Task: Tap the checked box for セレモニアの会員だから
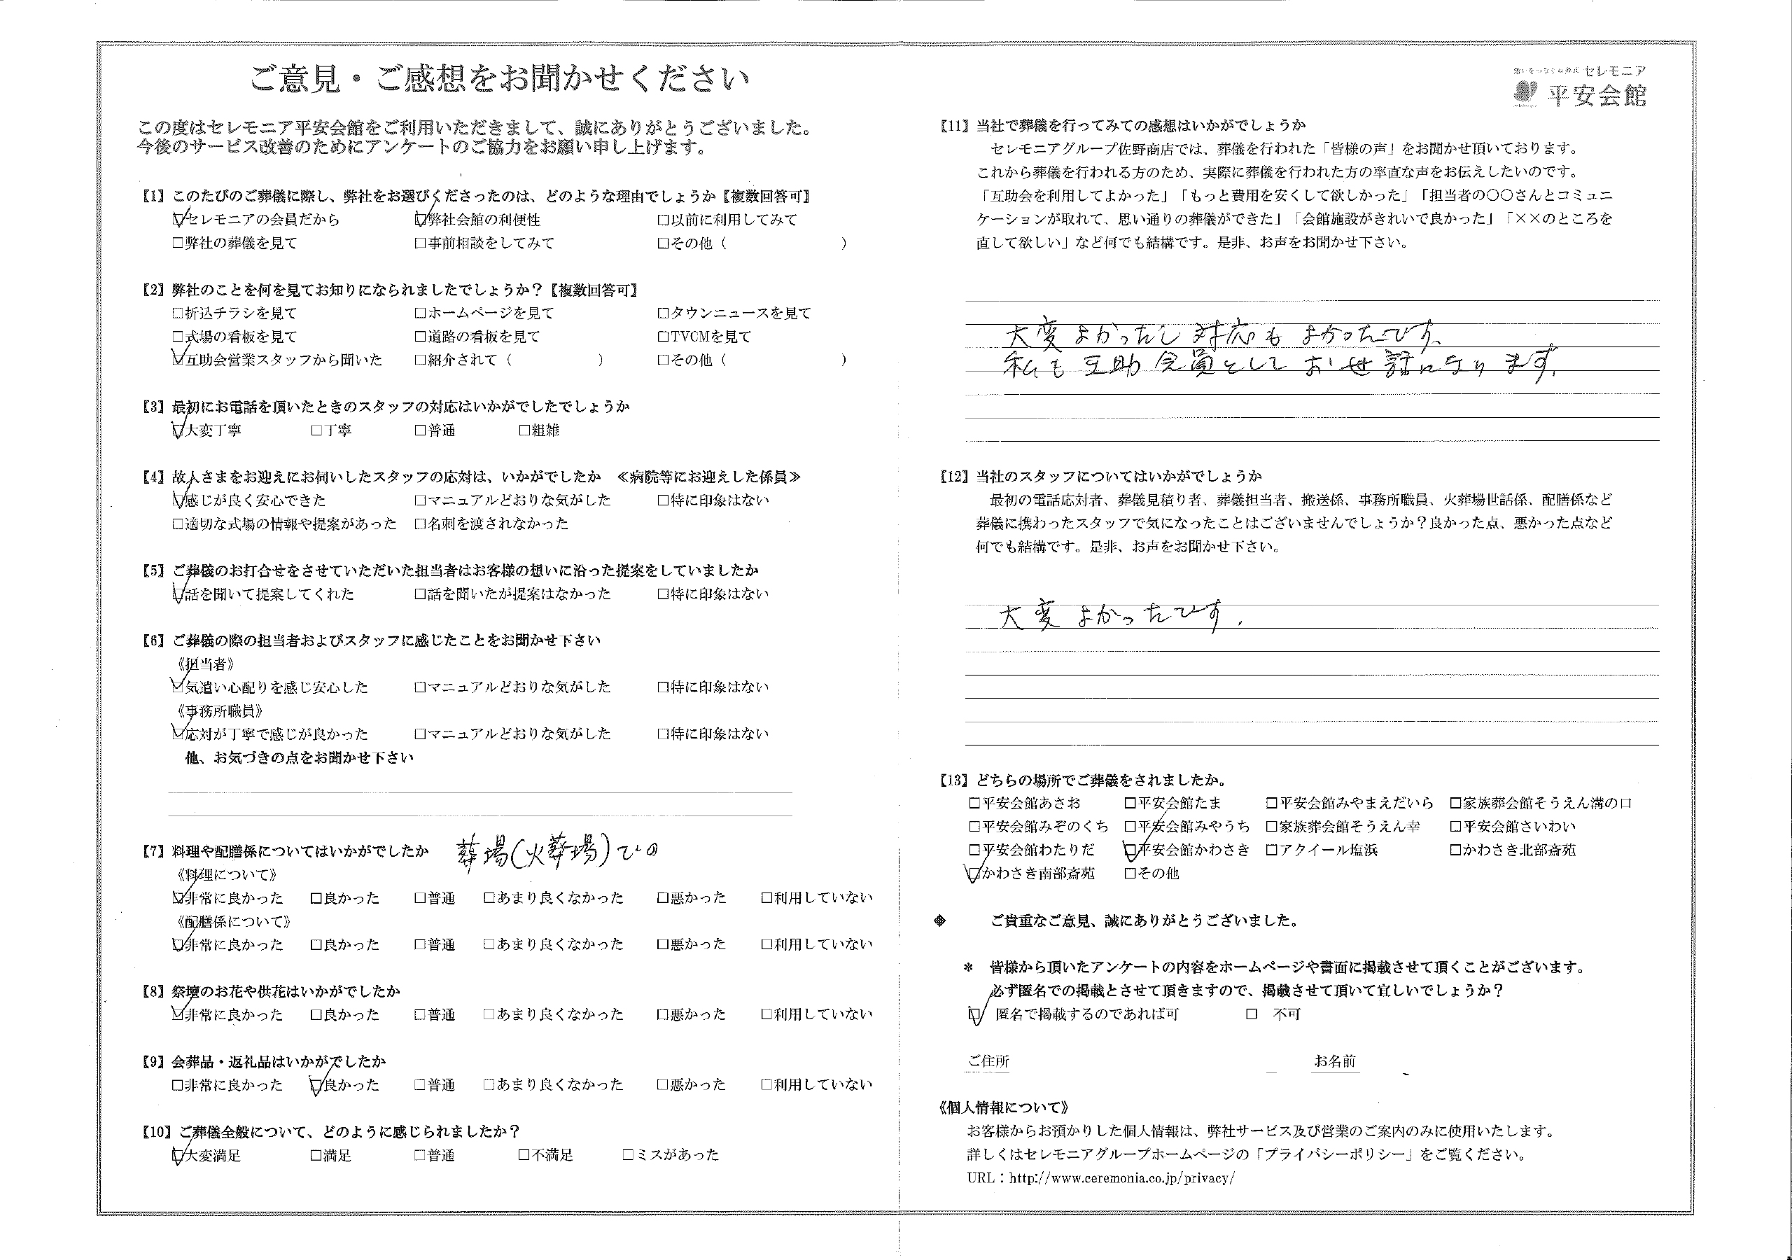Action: pos(178,220)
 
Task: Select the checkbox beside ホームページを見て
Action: pos(421,314)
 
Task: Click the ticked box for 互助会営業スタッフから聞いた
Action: pos(178,360)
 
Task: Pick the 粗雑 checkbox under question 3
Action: pos(524,430)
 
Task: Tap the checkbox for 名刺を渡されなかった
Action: pos(421,524)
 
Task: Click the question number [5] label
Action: pos(153,570)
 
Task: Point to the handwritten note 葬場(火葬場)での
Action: pos(556,852)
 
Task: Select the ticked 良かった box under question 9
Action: pos(316,1085)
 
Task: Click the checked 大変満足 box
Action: pos(178,1154)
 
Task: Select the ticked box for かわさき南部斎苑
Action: pos(974,874)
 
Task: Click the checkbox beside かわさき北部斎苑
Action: pos(1455,850)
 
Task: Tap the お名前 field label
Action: pos(1335,1061)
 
